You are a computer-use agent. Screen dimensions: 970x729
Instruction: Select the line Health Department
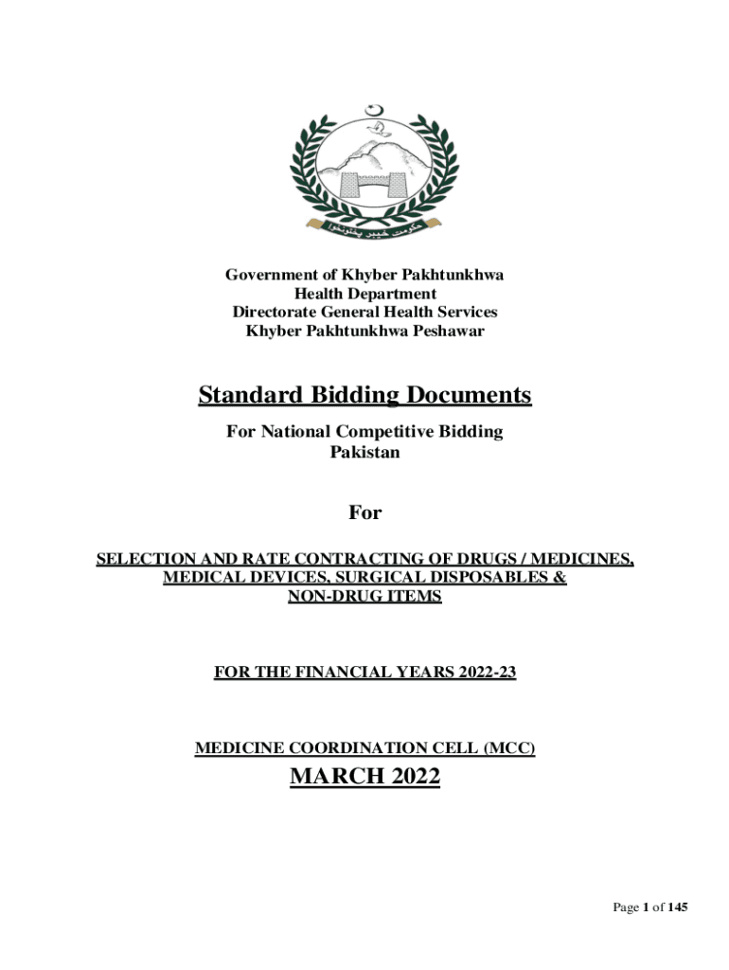[x=364, y=294]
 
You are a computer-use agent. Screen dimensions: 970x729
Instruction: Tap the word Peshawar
[x=450, y=330]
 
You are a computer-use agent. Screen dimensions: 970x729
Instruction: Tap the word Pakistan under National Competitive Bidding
[x=364, y=452]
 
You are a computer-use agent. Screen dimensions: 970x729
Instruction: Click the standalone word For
[x=364, y=512]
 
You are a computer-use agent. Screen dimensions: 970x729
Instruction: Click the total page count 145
[x=677, y=908]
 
